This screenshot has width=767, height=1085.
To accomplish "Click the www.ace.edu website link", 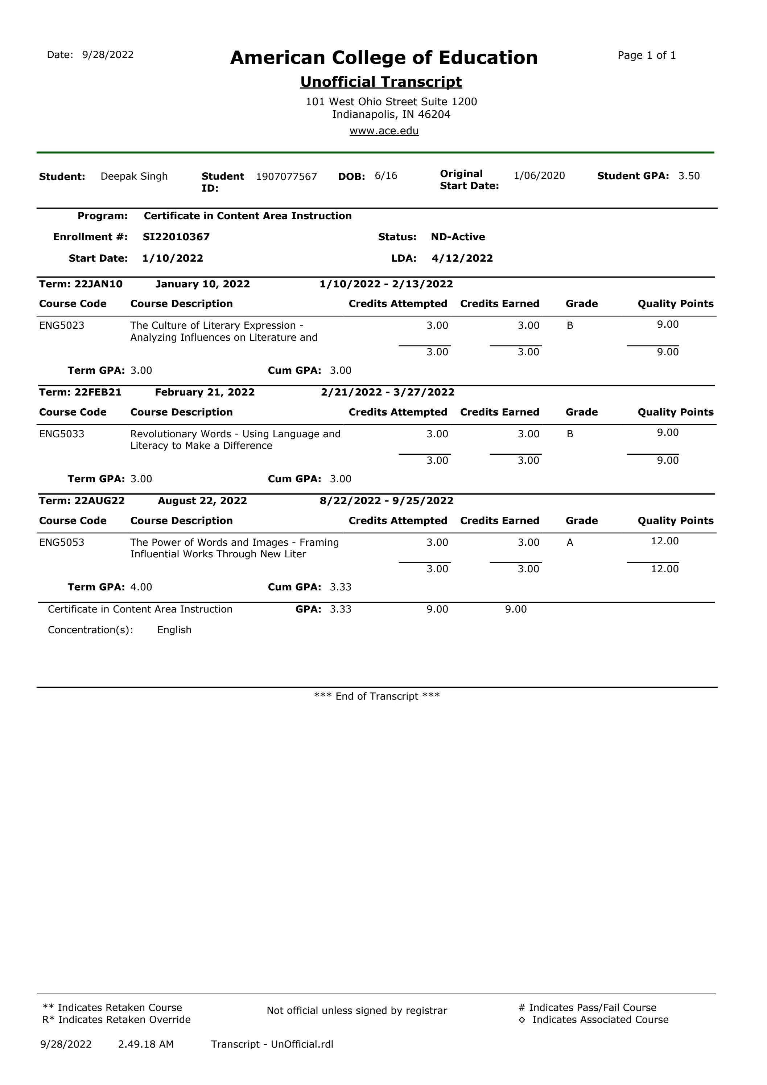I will (384, 131).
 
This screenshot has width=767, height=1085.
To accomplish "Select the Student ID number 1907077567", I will (286, 177).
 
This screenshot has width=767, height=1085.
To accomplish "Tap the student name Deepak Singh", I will (134, 176).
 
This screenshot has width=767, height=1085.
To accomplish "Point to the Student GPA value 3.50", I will (689, 176).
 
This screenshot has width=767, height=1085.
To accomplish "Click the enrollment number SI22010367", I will (176, 237).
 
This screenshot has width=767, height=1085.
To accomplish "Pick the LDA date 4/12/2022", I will (462, 258).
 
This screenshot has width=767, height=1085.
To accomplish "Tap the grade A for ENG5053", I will (570, 542).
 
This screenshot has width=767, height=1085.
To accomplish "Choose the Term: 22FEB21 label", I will (80, 392).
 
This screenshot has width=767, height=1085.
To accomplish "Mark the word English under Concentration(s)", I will (174, 630).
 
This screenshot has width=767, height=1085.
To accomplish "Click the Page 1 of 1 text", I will (646, 55).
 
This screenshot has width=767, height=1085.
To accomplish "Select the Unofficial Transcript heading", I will (381, 82).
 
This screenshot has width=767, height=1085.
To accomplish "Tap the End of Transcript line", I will (377, 696).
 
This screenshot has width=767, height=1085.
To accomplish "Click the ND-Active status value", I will (458, 237).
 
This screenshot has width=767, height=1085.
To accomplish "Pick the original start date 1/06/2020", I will (539, 176).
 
